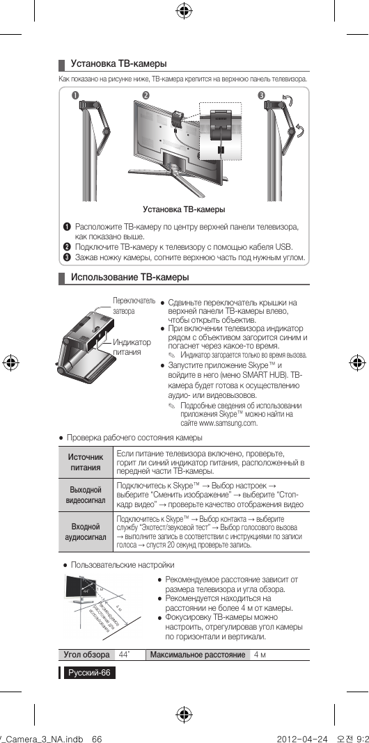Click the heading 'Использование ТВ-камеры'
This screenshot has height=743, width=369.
coord(130,278)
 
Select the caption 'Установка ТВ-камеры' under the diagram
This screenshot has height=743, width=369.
coord(184,209)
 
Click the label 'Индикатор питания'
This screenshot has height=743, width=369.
coord(132,347)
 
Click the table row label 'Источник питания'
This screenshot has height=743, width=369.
coord(84,463)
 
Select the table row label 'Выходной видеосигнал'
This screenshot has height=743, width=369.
coord(85,495)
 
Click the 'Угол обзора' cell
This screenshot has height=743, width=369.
coord(86,655)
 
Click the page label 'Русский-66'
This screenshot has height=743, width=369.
coord(88,673)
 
